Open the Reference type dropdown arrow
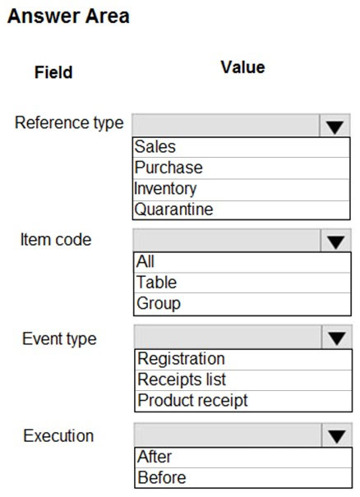[x=335, y=127]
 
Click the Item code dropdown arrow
[x=336, y=242]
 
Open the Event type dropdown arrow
[x=337, y=338]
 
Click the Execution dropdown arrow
[x=337, y=436]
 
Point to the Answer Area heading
[x=68, y=16]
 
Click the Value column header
[x=243, y=67]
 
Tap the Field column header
[x=53, y=72]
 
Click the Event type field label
[x=59, y=338]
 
